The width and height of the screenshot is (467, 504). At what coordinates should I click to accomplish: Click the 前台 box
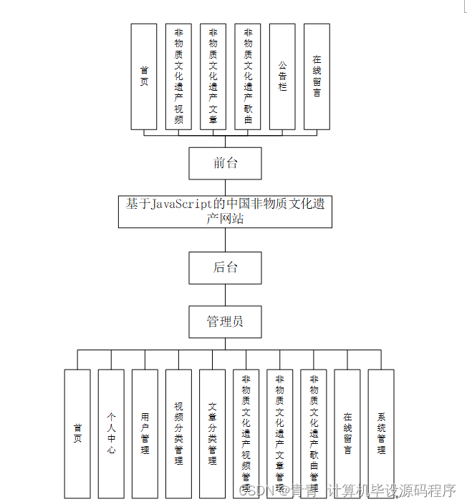(225, 163)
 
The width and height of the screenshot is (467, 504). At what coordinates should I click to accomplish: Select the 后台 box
(225, 267)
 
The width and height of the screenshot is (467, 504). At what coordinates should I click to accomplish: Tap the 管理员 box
(225, 322)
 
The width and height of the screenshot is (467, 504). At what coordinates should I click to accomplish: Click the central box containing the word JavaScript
(225, 211)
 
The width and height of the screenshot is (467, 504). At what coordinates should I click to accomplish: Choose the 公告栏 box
(282, 76)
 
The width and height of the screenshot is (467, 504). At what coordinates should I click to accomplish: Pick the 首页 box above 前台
(144, 76)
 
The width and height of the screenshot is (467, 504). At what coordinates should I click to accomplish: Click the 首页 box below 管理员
(77, 433)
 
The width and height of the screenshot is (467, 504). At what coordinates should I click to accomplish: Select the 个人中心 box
(111, 433)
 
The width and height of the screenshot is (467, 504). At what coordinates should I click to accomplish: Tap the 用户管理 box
(145, 433)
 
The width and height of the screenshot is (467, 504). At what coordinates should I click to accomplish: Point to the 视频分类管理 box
(178, 433)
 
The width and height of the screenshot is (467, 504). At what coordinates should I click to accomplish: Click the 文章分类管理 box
(212, 433)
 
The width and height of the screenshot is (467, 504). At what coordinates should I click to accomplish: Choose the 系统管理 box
(381, 433)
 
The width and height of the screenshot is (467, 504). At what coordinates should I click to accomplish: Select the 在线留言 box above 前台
(317, 76)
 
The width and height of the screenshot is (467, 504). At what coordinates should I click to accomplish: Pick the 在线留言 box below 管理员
(347, 433)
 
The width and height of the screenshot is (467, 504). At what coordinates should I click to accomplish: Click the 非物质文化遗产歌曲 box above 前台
(248, 76)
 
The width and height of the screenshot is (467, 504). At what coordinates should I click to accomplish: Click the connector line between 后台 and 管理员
(225, 295)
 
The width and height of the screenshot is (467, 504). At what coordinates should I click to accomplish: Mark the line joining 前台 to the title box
(225, 187)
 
